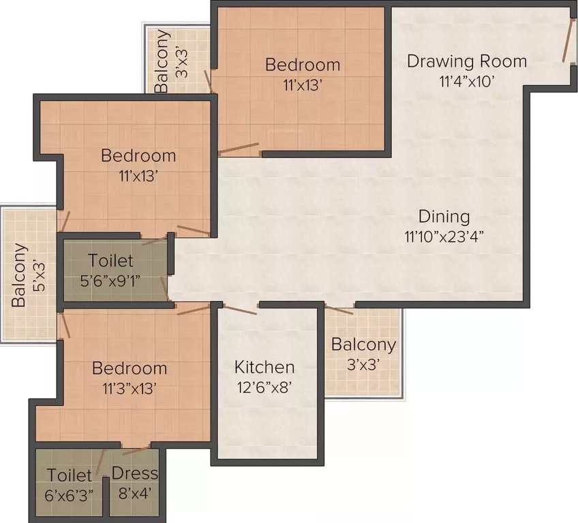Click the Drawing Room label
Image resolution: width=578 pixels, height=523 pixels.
click(467, 61)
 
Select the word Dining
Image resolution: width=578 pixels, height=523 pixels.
click(444, 217)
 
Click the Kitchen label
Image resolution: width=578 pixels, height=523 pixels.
click(264, 367)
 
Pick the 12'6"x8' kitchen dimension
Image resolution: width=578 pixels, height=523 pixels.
click(264, 387)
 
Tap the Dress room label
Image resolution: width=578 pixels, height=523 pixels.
click(134, 473)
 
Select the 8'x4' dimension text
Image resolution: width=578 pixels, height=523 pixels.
click(134, 492)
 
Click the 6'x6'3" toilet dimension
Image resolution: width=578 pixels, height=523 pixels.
click(70, 493)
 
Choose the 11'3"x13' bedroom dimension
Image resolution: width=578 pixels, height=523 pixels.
click(130, 388)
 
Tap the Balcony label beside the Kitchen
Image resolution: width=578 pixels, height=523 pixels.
click(363, 345)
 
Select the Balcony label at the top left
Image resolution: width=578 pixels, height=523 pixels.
click(162, 61)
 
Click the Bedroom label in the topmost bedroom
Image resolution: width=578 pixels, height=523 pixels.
click(303, 65)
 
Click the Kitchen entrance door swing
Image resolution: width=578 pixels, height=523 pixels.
click(239, 308)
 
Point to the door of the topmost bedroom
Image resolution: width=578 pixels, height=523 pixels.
click(239, 148)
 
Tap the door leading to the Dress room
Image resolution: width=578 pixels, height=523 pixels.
click(136, 450)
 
